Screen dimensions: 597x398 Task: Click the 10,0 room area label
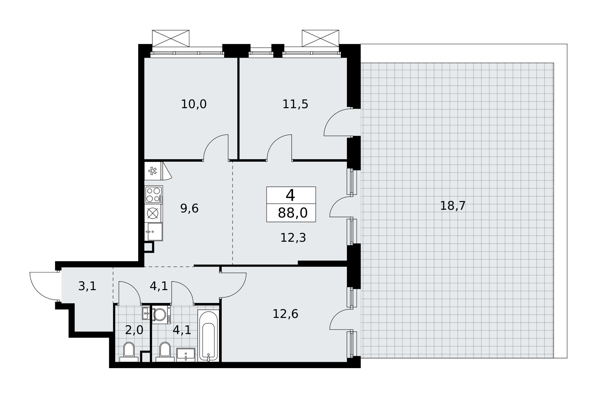194,104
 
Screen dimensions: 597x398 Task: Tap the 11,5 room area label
295,104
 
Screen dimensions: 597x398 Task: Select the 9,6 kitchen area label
189,208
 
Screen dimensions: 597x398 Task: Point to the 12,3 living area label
293,238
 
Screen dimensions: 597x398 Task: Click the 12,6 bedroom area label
285,314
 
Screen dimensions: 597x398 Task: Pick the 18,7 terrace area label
453,206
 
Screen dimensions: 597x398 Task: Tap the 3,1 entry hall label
87,286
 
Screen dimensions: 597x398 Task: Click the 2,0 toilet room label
134,330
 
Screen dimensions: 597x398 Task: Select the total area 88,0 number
293,213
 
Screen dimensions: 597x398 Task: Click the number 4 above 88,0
290,195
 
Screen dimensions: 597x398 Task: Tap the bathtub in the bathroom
208,336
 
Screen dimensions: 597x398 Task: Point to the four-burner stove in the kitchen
154,195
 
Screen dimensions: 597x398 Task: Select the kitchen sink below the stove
154,232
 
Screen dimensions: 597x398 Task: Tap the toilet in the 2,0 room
129,352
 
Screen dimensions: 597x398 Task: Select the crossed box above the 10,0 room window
171,39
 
